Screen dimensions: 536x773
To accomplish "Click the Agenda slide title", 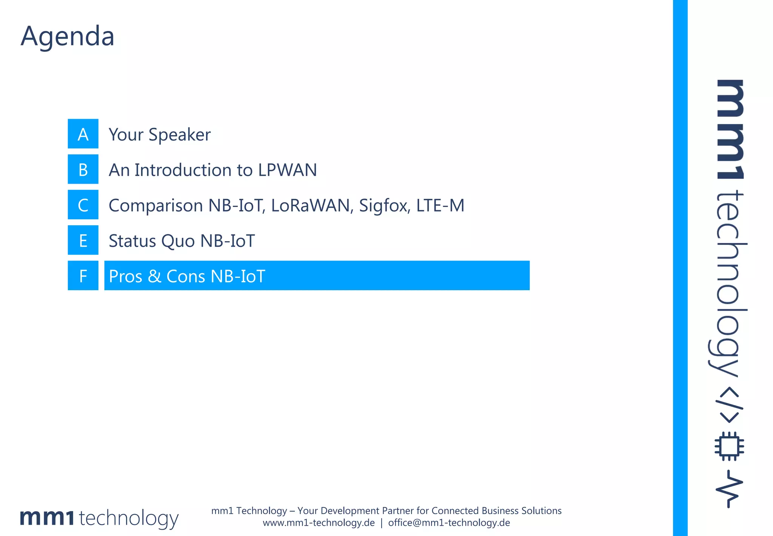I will pyautogui.click(x=68, y=36).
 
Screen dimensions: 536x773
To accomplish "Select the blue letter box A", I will pyautogui.click(x=83, y=134).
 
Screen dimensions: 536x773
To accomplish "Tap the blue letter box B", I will pyautogui.click(x=83, y=169).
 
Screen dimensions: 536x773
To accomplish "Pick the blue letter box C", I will pyautogui.click(x=83, y=205).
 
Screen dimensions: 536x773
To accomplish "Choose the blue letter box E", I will pyautogui.click(x=83, y=240).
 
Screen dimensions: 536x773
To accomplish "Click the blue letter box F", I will pyautogui.click(x=83, y=276).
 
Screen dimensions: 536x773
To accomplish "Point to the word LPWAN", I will pyautogui.click(x=288, y=170).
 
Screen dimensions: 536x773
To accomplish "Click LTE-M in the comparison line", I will pyautogui.click(x=440, y=206).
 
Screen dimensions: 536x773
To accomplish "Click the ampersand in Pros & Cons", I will pyautogui.click(x=154, y=276).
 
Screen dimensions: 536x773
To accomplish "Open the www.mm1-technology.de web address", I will pyautogui.click(x=319, y=523).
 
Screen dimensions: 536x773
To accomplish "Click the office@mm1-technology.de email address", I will pyautogui.click(x=449, y=523).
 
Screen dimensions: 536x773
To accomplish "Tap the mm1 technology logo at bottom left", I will pyautogui.click(x=99, y=518).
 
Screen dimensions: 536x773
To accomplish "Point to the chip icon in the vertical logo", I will pyautogui.click(x=729, y=446).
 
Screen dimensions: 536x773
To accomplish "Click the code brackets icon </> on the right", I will pyautogui.click(x=729, y=404).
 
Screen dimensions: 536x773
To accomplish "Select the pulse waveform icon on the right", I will pyautogui.click(x=729, y=489).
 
